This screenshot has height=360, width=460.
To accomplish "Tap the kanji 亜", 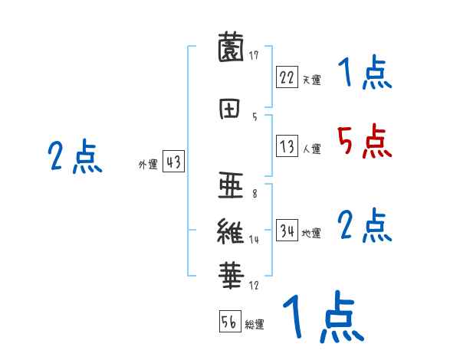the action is pyautogui.click(x=233, y=185).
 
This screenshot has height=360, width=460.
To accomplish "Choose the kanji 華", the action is pyautogui.click(x=233, y=273).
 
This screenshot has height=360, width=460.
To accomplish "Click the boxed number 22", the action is pyautogui.click(x=287, y=77).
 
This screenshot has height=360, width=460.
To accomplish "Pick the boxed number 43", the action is pyautogui.click(x=173, y=162).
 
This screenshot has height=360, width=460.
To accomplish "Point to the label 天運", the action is pyautogui.click(x=311, y=79).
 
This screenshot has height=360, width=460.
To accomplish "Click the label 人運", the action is pyautogui.click(x=311, y=149).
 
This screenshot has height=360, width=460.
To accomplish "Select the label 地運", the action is pyautogui.click(x=311, y=234).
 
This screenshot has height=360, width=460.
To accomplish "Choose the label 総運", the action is pyautogui.click(x=254, y=325).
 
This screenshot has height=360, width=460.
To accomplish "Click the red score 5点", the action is pyautogui.click(x=363, y=141).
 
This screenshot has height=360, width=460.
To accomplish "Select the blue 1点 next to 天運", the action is pyautogui.click(x=364, y=73).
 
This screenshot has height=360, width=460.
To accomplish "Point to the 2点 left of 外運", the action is pyautogui.click(x=74, y=157).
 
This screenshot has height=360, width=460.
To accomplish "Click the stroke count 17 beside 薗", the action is pyautogui.click(x=254, y=55).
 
